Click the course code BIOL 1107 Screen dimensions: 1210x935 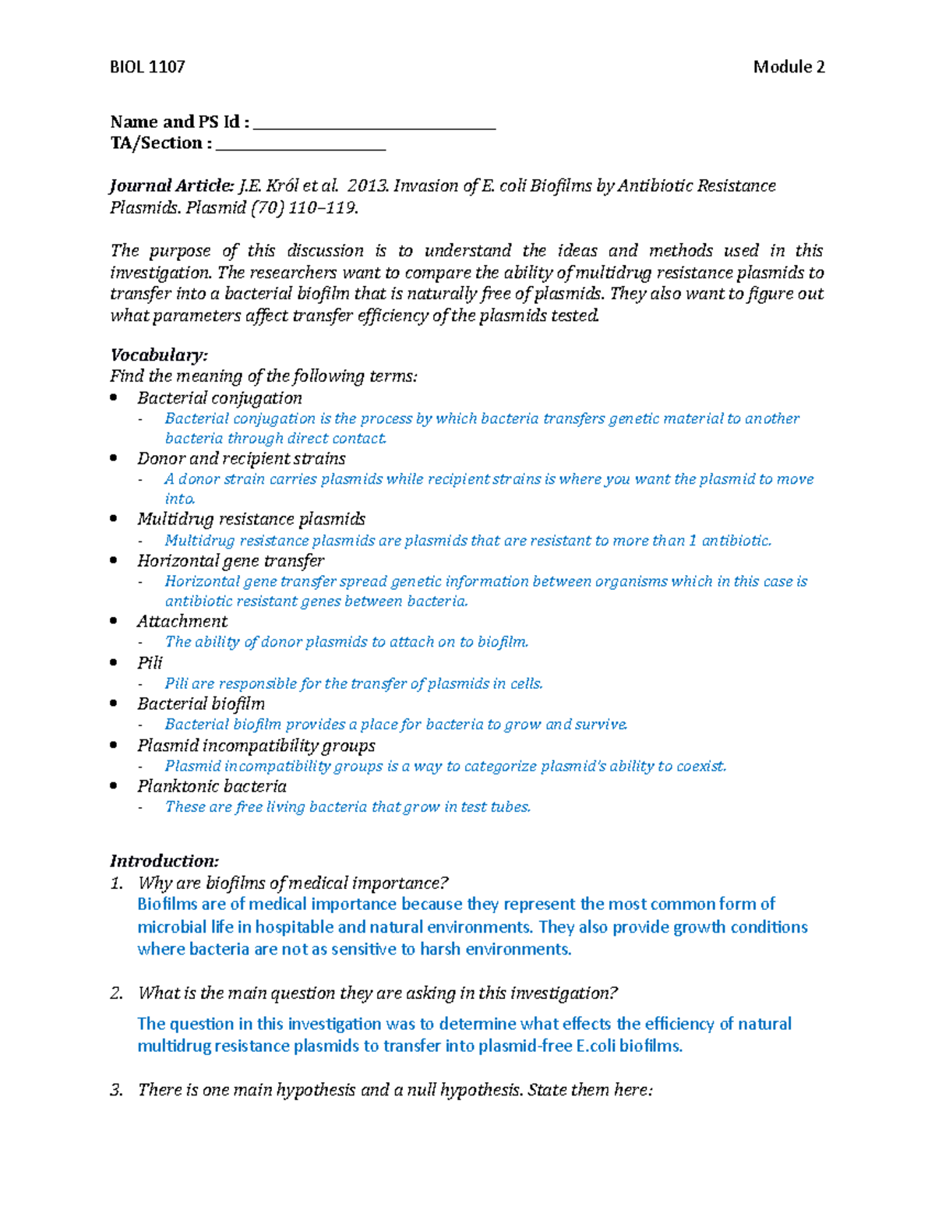tap(147, 67)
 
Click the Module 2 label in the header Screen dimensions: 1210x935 tap(789, 67)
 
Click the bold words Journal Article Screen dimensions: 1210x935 tap(171, 186)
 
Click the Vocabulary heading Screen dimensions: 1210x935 tap(159, 355)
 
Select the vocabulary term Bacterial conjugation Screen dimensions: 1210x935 tap(220, 398)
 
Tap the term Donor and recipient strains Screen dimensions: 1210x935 tap(242, 459)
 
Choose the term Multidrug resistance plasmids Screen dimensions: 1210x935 tap(251, 520)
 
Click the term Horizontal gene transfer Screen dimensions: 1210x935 tap(231, 561)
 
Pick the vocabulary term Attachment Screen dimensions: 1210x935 tap(182, 622)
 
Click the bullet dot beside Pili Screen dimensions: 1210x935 tap(115, 663)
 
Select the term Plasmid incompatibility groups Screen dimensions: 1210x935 tap(256, 746)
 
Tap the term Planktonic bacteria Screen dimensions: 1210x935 tap(212, 787)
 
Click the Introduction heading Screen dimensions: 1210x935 tap(164, 862)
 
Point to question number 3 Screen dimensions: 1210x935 tap(116, 1090)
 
